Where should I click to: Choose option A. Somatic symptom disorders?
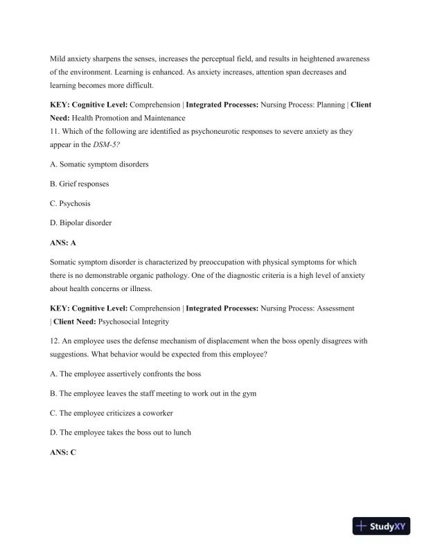click(x=99, y=164)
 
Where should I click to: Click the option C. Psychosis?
click(x=71, y=204)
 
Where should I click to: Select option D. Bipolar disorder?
click(x=81, y=223)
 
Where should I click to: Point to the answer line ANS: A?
click(x=63, y=243)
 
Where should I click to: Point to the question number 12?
click(x=55, y=341)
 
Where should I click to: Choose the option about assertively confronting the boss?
click(x=125, y=374)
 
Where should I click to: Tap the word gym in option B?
click(x=249, y=393)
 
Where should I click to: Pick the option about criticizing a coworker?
click(x=112, y=413)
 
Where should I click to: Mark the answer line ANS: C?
click(x=63, y=452)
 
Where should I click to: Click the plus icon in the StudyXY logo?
click(x=361, y=527)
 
